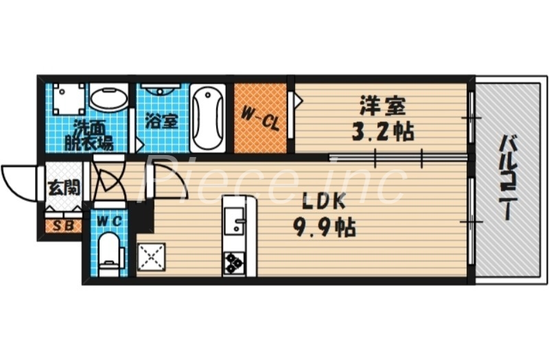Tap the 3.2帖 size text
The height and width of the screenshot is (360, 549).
tap(383, 132)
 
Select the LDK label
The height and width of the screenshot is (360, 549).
tap(325, 201)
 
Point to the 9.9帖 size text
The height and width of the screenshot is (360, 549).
tap(325, 228)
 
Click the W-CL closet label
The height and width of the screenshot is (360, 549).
tap(261, 119)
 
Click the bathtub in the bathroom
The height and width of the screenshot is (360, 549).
tap(208, 118)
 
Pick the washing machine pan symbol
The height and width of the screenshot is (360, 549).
tap(69, 99)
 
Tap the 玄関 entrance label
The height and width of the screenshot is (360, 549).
tap(64, 188)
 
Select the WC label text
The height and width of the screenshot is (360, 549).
tap(109, 221)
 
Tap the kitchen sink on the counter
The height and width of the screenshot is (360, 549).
tap(234, 220)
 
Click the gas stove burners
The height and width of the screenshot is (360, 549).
tap(234, 263)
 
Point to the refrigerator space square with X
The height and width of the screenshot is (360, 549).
tap(151, 256)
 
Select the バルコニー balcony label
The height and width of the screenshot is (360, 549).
tap(507, 177)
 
